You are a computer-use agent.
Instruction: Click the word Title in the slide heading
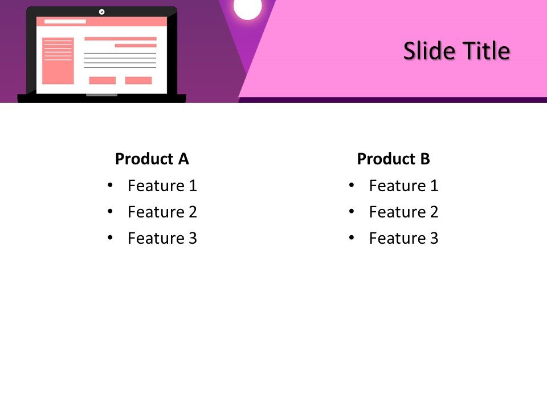point(486,51)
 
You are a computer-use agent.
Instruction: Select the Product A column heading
point(152,159)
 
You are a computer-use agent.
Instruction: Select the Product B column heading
point(393,159)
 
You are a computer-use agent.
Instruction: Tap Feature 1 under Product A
point(162,186)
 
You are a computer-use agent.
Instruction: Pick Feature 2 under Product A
point(162,212)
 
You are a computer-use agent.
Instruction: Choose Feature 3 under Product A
point(162,238)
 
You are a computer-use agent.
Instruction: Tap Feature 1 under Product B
point(403,186)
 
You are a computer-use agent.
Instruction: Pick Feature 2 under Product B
point(403,212)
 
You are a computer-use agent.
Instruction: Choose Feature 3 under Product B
point(403,238)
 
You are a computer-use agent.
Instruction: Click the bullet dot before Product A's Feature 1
point(110,185)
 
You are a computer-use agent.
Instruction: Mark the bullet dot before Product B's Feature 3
point(352,237)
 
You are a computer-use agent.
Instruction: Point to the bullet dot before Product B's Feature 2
point(352,211)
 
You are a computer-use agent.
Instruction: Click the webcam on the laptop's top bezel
point(101,11)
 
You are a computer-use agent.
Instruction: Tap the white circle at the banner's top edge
point(248,8)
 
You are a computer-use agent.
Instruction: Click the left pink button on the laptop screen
point(102,80)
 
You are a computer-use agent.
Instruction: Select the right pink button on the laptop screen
point(138,80)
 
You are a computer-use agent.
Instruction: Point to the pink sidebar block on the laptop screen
point(58,61)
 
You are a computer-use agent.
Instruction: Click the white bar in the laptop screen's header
point(65,22)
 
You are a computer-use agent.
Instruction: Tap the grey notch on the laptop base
point(101,95)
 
